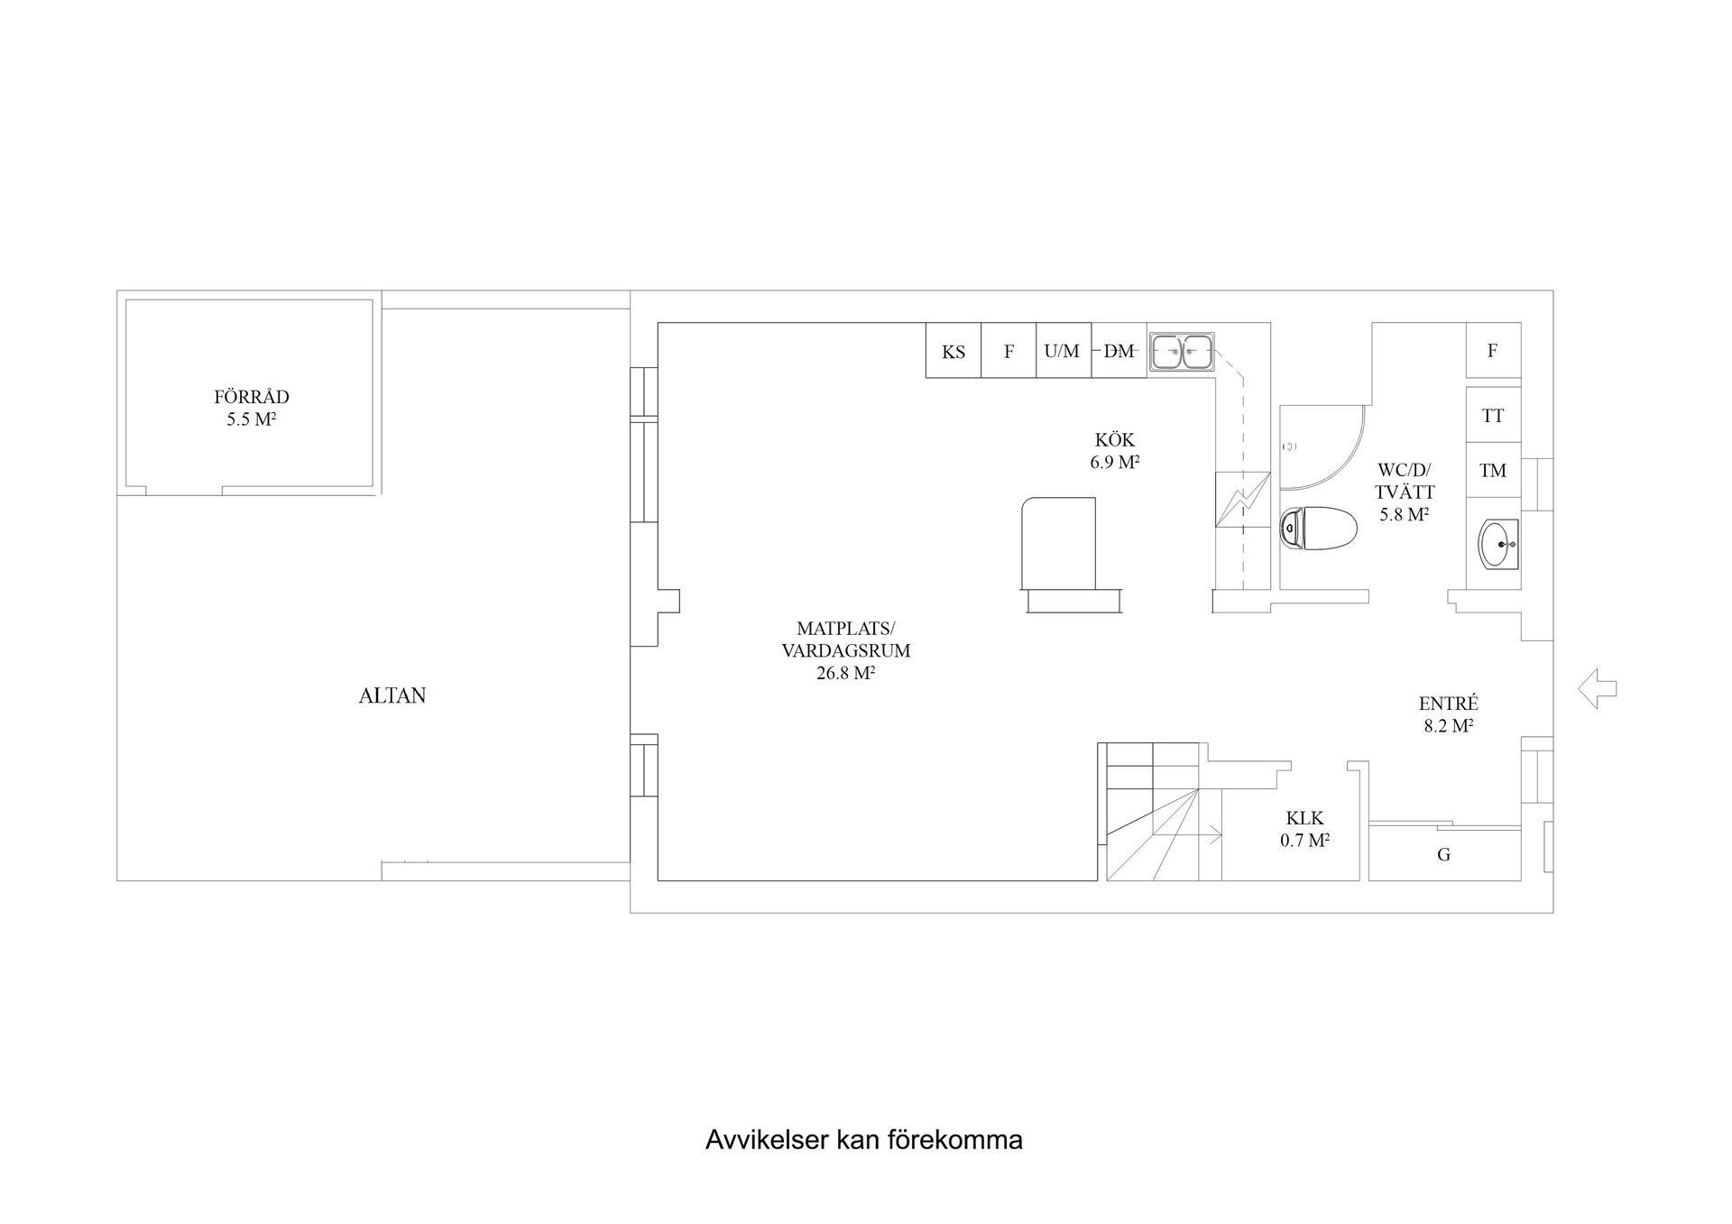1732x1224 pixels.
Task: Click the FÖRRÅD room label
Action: pos(251,408)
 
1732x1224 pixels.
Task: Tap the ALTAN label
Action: pos(392,695)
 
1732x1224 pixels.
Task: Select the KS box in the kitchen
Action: pos(954,351)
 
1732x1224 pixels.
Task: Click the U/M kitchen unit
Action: pos(1063,351)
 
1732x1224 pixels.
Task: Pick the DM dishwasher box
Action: pos(1119,351)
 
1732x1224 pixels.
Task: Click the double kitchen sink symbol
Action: pos(1182,352)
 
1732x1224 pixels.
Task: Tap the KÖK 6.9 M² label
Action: pos(1114,451)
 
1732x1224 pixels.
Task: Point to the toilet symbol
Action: pos(1318,528)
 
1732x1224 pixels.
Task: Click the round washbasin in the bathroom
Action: pos(1498,544)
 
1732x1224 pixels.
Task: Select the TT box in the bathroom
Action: pos(1493,415)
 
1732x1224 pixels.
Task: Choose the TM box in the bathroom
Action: pos(1493,470)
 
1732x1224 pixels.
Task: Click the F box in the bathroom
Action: pos(1493,351)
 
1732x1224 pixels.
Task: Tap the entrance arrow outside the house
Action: pos(1597,689)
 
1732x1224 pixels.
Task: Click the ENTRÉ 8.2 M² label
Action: pos(1448,714)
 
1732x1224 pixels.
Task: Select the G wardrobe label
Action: pos(1443,854)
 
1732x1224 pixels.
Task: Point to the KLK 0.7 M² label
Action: pos(1304,829)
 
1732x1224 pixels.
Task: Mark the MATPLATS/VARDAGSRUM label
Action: pos(845,650)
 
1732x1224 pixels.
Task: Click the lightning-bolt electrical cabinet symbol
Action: pos(1242,499)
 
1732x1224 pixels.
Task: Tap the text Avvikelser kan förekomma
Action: pos(863,1140)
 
